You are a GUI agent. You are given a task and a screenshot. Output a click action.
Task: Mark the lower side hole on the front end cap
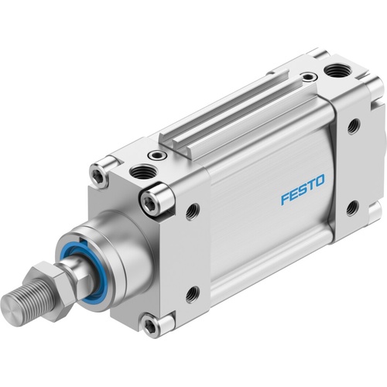tap(192, 293)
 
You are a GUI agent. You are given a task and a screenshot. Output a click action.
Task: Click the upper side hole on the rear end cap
tap(353, 126)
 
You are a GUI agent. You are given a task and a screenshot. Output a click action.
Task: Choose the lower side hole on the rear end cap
tap(353, 207)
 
